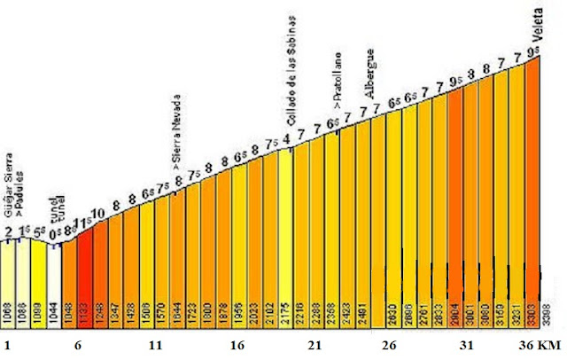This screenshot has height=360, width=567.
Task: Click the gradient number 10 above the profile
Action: [98, 212]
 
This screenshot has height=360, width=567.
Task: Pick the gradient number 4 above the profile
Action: [285, 138]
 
